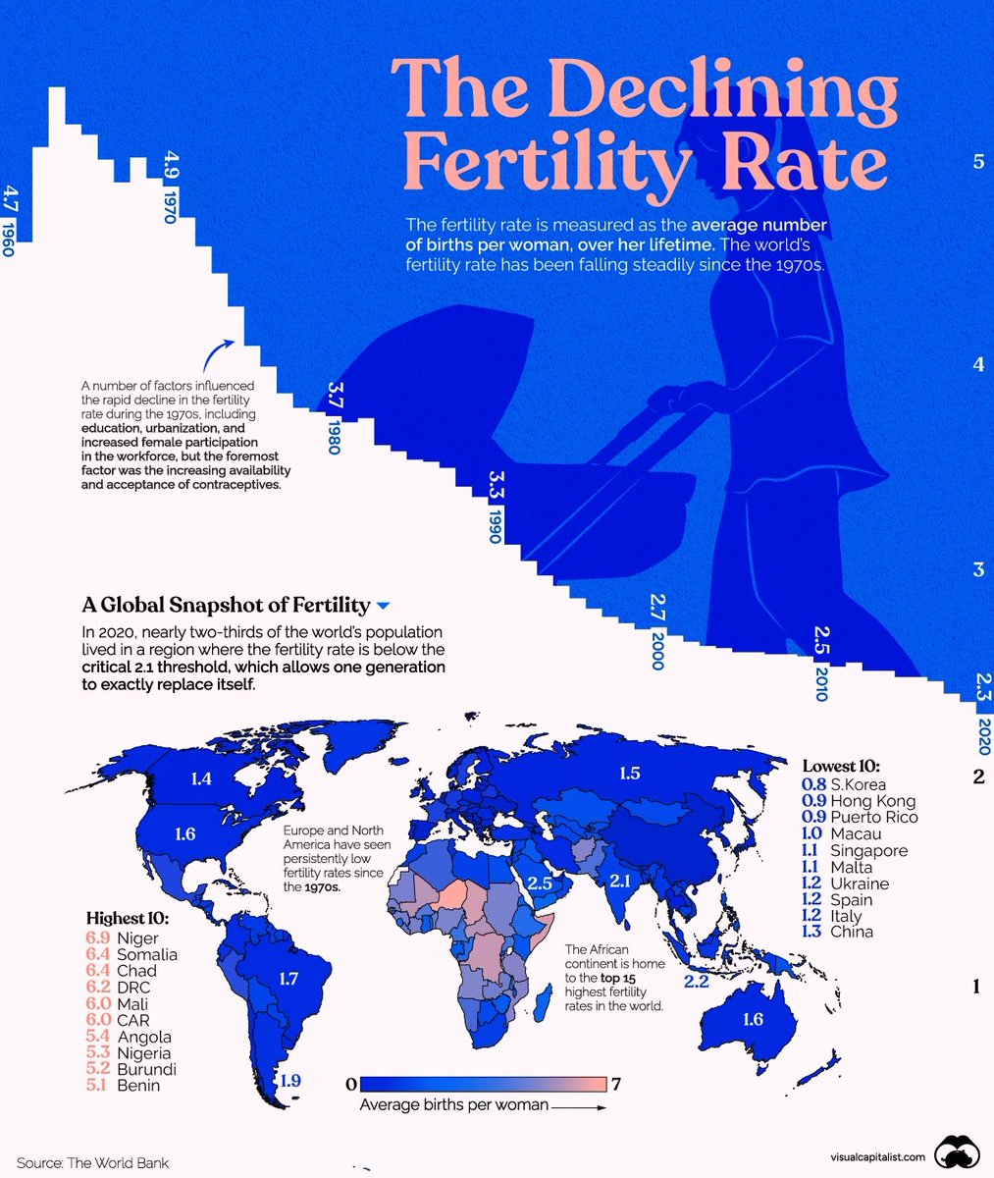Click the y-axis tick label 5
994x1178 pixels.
pyautogui.click(x=977, y=161)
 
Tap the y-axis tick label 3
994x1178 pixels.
pyautogui.click(x=977, y=570)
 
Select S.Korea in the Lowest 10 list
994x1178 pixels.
pyautogui.click(x=858, y=784)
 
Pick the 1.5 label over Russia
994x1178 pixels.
pyautogui.click(x=630, y=775)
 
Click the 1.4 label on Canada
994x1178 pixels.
pyautogui.click(x=202, y=779)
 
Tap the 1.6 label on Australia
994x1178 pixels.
pyautogui.click(x=753, y=1019)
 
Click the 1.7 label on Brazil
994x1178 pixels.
pyautogui.click(x=288, y=978)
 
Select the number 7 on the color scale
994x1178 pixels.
pyautogui.click(x=616, y=1085)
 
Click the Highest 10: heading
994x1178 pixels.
pyautogui.click(x=127, y=919)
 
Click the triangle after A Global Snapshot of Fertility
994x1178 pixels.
pyautogui.click(x=383, y=606)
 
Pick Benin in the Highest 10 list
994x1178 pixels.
pyautogui.click(x=136, y=1086)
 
